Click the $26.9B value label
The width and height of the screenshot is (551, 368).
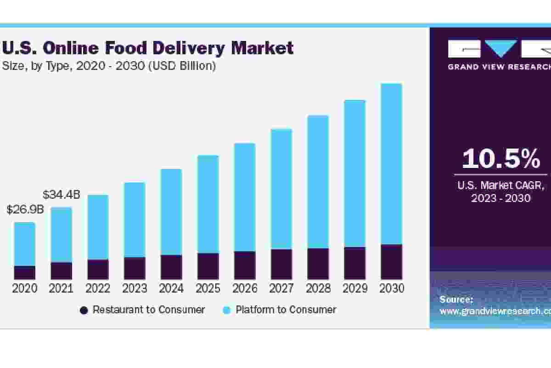tap(25, 210)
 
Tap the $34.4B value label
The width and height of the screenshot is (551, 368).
tap(62, 195)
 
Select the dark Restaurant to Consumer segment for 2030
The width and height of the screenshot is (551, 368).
tap(391, 262)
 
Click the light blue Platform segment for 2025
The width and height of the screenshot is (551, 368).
tap(208, 204)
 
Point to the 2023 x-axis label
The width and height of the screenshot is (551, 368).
tap(135, 288)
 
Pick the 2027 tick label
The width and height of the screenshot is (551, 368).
tap(281, 288)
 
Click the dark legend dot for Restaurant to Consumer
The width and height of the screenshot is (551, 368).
tap(84, 310)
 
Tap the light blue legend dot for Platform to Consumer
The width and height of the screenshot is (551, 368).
tap(226, 310)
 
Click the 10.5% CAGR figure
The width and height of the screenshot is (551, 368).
tap(501, 159)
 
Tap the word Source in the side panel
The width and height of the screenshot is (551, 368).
tap(456, 300)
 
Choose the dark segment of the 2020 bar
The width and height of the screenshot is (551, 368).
tap(24, 272)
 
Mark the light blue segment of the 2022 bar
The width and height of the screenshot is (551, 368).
tap(98, 227)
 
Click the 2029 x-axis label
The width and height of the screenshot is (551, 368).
tap(355, 288)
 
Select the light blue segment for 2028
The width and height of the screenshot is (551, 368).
tap(318, 182)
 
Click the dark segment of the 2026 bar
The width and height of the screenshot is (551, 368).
tap(245, 265)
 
